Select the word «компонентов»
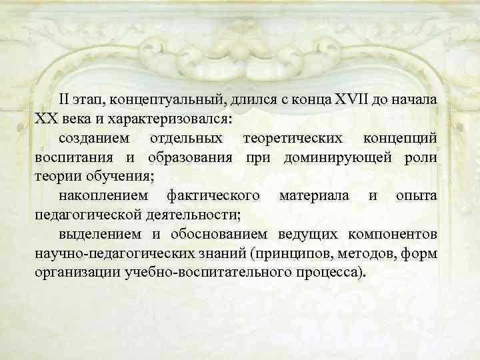pyautogui.click(x=393, y=235)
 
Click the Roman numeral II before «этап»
pyautogui.click(x=65, y=100)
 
